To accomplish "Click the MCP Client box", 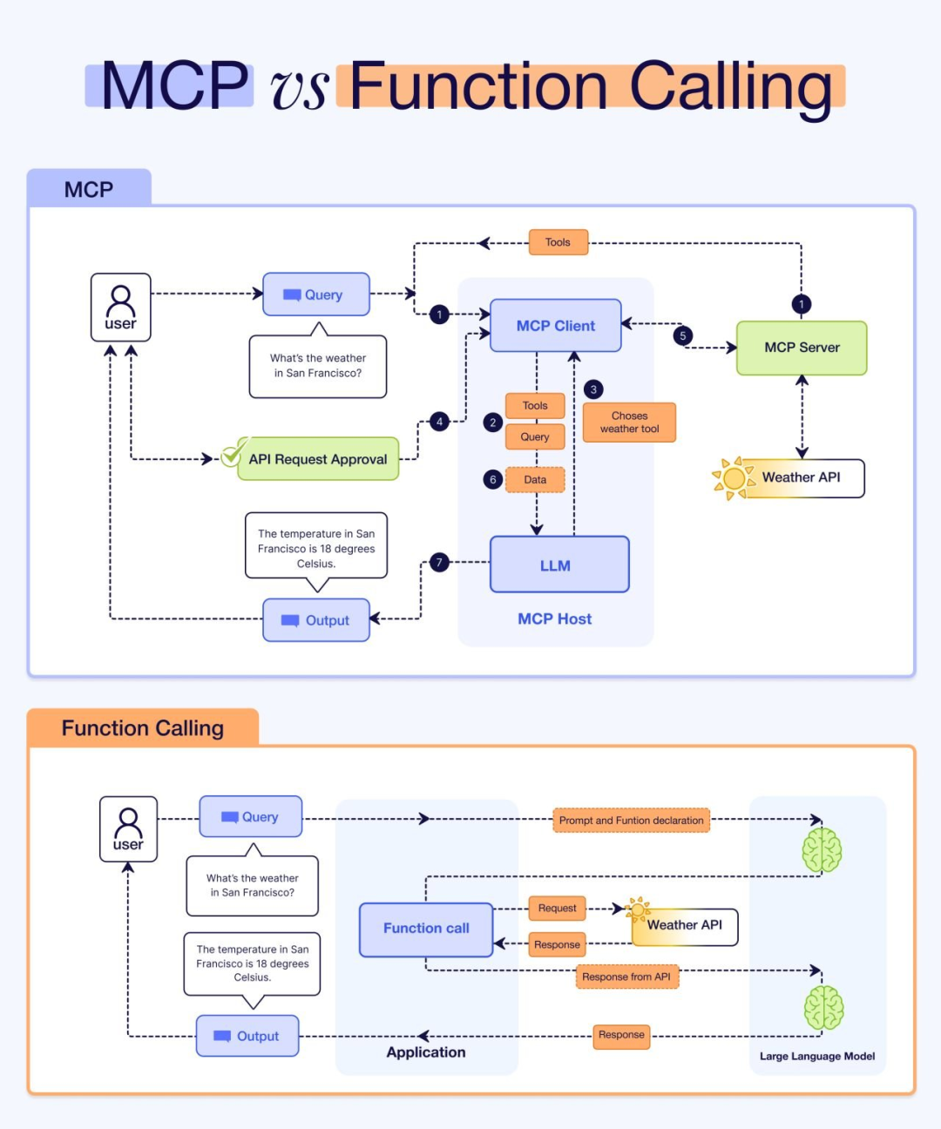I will [555, 326].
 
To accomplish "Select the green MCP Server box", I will [802, 348].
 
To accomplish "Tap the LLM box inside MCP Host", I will [559, 565].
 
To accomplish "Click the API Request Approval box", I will [317, 459].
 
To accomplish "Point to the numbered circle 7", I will [439, 563].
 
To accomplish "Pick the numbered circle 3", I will [593, 389].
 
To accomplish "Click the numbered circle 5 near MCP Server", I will [683, 335].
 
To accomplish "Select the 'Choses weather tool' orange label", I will [629, 423].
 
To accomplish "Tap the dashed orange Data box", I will [535, 480].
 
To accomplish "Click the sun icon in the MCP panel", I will [733, 478].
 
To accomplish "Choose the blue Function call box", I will [426, 929].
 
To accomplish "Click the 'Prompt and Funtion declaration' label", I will [631, 821].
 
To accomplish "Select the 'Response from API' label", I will [626, 977].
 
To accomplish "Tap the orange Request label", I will [557, 909].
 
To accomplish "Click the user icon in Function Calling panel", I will [128, 828].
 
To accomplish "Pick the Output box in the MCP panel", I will [316, 620].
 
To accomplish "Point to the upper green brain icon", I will [822, 849].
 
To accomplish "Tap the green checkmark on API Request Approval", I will [233, 454].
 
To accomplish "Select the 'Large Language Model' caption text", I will [817, 1056].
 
